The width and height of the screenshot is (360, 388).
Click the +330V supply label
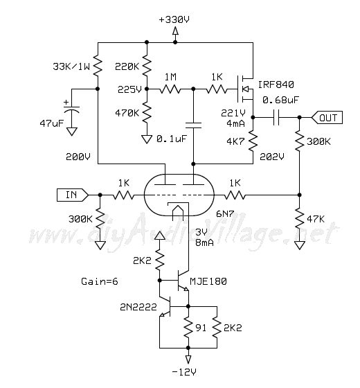[174, 19]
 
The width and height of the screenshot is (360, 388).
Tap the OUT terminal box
[327, 118]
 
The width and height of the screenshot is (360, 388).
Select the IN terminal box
[73, 195]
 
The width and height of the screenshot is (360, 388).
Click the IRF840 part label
[276, 85]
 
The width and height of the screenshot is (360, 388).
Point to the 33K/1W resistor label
[71, 67]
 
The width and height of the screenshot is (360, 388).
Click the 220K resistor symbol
[147, 65]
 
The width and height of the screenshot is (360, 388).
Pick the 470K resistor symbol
[147, 112]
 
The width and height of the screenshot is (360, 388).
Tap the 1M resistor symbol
[170, 89]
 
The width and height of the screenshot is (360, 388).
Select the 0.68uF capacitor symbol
[276, 117]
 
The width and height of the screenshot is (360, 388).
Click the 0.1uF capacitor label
[172, 139]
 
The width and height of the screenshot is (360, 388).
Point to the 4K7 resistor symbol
[253, 141]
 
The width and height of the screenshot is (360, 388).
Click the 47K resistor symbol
[299, 219]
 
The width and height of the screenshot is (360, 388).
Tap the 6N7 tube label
[225, 214]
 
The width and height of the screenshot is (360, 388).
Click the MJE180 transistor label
[208, 281]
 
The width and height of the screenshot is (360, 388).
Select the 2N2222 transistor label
[138, 307]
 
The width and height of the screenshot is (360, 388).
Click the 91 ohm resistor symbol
[188, 328]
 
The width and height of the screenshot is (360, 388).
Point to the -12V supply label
[184, 371]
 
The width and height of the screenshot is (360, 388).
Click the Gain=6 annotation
[100, 281]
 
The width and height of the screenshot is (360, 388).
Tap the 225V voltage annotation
[129, 89]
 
